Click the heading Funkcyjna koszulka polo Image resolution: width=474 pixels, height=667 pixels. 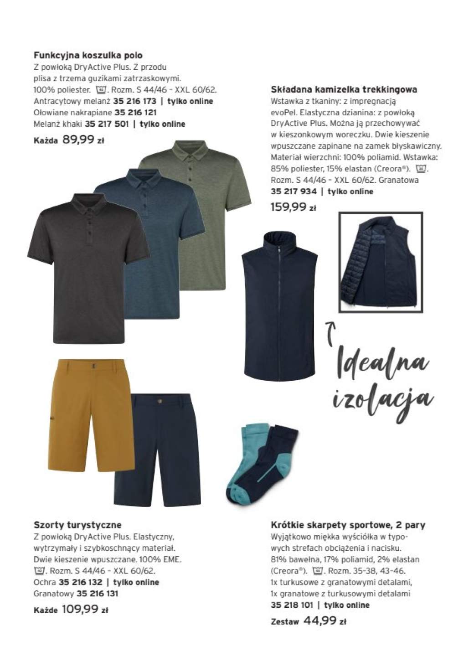click(x=88, y=56)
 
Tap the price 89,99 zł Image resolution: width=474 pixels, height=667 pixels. click(x=83, y=140)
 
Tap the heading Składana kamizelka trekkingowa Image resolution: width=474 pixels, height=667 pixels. click(x=344, y=89)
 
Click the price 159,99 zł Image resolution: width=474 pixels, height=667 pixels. click(x=293, y=207)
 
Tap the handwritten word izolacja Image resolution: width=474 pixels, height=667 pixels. click(x=382, y=398)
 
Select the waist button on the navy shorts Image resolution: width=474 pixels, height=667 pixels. click(x=160, y=399)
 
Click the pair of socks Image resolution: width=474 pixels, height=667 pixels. click(x=258, y=465)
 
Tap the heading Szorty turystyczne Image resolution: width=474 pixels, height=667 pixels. click(x=77, y=525)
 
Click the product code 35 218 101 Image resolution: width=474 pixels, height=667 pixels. click(x=292, y=605)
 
